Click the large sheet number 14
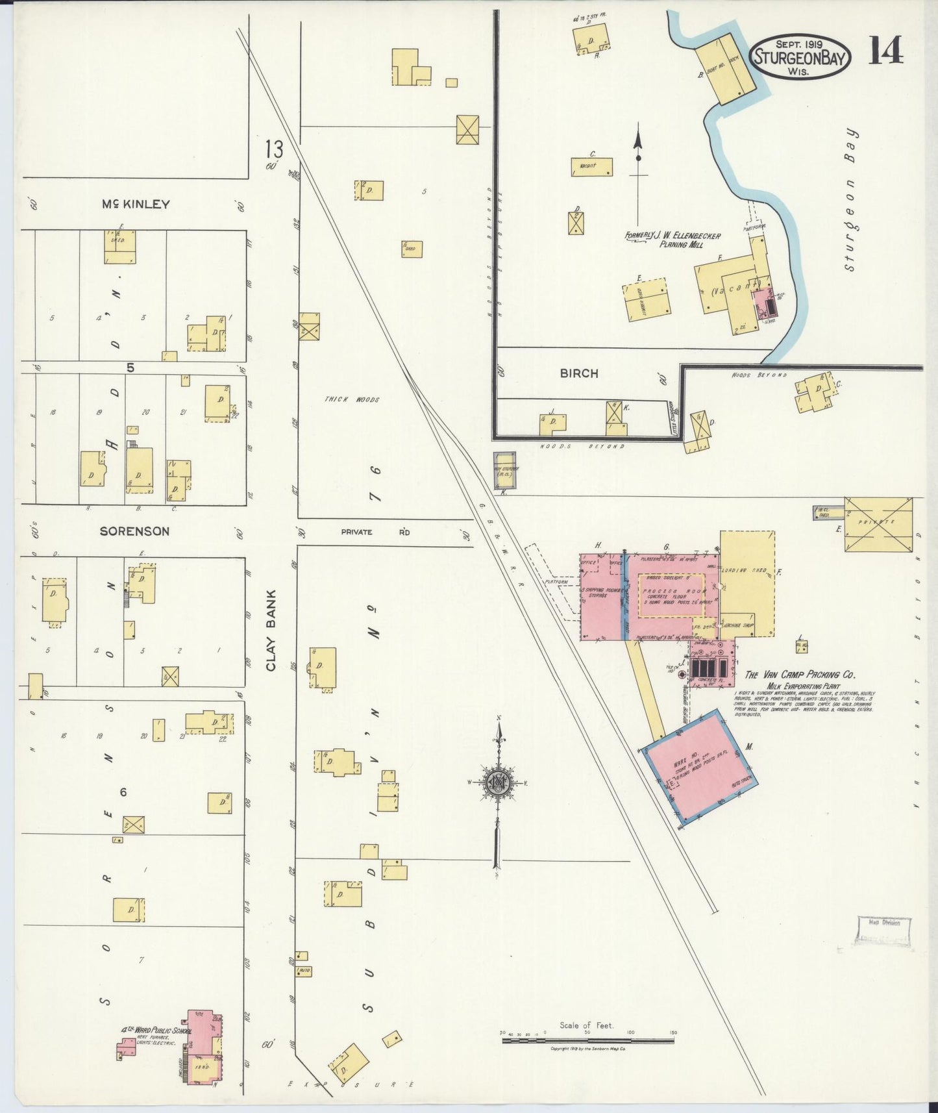885,51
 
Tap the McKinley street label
136,204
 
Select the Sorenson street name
134,531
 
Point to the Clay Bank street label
271,630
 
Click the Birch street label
578,373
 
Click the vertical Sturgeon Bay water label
852,199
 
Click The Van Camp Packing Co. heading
800,674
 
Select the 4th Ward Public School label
156,1030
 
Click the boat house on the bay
727,68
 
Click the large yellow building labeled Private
878,524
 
